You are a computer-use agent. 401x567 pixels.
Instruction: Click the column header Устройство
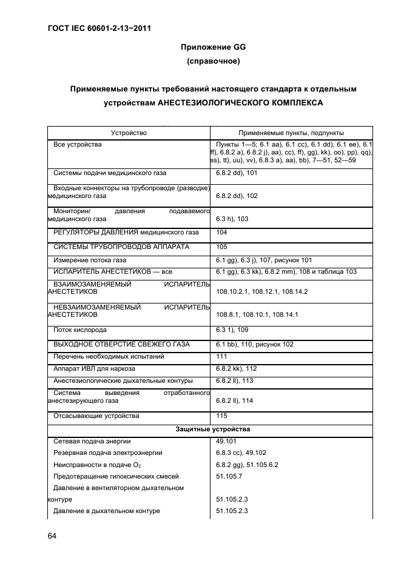tap(129, 133)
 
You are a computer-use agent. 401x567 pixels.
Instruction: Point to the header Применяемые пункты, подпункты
tap(291, 133)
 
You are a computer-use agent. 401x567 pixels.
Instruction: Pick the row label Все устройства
tap(78, 145)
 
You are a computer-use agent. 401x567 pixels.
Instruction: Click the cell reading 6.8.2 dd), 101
tap(237, 173)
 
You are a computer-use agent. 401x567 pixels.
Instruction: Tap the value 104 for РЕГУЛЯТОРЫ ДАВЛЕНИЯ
tap(221, 232)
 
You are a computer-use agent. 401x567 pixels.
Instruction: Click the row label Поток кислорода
tap(80, 330)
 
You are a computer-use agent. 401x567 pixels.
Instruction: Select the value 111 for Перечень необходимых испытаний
tap(221, 356)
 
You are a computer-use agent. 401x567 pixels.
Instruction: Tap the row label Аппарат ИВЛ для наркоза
tap(94, 368)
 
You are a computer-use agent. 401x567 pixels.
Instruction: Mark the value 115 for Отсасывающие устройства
tap(221, 416)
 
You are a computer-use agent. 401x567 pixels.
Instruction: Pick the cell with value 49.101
tap(226, 441)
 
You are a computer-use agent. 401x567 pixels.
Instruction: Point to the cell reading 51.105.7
tap(229, 477)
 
